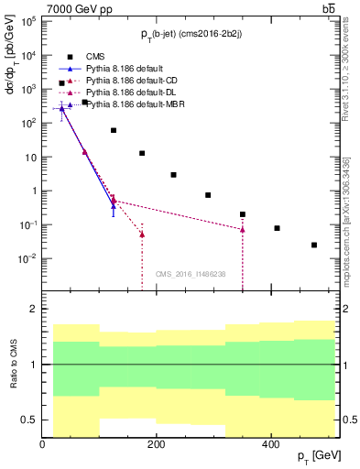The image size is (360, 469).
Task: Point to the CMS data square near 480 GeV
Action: pos(314,245)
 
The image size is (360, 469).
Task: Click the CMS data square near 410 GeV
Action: pos(277,228)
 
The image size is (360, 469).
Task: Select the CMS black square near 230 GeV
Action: pos(173,175)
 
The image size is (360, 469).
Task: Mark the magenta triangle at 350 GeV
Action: pos(243,229)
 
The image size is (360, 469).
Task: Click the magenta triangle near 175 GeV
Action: pos(142,234)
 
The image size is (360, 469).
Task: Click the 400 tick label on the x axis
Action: pos(271,443)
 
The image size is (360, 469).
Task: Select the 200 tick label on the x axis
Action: pos(157,443)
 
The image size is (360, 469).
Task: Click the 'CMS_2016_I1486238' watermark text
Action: pos(191,274)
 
